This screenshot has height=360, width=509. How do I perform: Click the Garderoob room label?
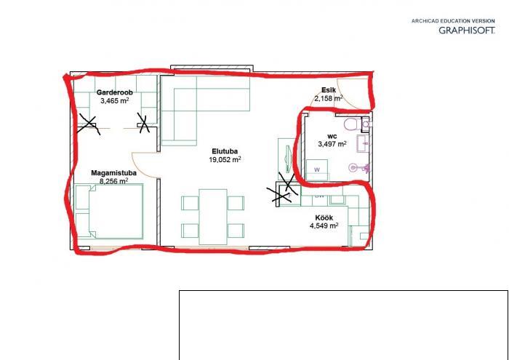click(115, 92)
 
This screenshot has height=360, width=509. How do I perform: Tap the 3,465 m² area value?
click(115, 100)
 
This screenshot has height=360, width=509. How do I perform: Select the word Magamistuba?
click(113, 173)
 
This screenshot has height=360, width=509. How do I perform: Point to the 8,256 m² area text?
click(113, 181)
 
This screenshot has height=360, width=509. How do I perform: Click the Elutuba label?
click(225, 151)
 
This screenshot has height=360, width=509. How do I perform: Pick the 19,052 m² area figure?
click(225, 159)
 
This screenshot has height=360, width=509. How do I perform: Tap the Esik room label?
click(329, 90)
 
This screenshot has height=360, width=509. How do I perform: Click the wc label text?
click(332, 136)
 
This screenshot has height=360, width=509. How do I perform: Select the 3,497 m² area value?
click(332, 144)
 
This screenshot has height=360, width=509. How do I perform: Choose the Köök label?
click(324, 217)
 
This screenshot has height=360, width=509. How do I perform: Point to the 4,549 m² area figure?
click(324, 225)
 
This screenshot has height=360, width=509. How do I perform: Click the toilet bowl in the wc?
click(352, 124)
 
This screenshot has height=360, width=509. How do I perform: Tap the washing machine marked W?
click(317, 169)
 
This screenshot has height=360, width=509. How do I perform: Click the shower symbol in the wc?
click(358, 168)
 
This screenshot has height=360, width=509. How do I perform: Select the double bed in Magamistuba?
click(109, 212)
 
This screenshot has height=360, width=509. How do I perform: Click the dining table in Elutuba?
click(213, 217)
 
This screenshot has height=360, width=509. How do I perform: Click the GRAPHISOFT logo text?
click(467, 31)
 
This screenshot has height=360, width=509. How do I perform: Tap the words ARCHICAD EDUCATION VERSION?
click(453, 21)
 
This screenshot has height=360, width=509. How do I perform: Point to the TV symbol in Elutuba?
click(288, 158)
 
